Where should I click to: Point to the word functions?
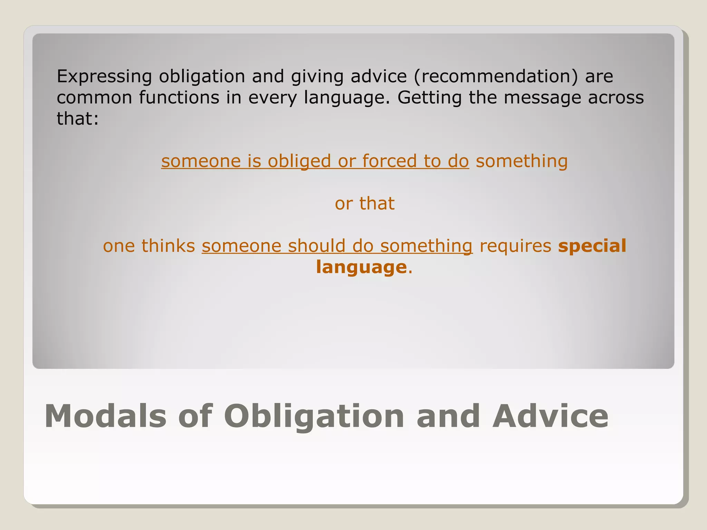179,98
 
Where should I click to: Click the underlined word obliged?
299,161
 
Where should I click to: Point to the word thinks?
168,246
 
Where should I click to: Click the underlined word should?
317,246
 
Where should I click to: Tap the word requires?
515,246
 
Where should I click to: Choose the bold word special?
592,246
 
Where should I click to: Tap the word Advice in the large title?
550,416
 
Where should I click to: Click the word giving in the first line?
317,76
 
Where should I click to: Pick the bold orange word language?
361,267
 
